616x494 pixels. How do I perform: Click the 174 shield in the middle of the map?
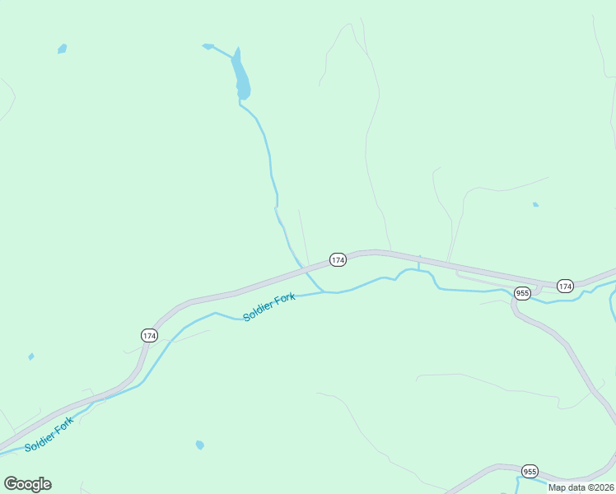338,259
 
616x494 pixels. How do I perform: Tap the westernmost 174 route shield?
149,335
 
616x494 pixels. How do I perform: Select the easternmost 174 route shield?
564,286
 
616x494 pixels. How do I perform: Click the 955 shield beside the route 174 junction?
522,293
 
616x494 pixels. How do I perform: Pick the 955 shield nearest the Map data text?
530,472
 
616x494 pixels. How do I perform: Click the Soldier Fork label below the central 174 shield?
269,307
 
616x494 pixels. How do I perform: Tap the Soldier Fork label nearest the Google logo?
49,434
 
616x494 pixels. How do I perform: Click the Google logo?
27,484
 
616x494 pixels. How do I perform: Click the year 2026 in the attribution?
602,487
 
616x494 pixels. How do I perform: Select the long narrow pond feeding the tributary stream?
240,76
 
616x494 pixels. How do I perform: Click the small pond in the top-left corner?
62,49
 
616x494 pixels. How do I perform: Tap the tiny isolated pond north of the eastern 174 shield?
535,204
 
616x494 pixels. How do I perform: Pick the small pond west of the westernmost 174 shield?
31,357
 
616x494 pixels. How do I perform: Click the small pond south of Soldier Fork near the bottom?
199,445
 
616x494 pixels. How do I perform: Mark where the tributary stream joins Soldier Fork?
323,291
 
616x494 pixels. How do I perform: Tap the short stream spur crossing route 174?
418,263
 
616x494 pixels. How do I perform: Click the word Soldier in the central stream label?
257,312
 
